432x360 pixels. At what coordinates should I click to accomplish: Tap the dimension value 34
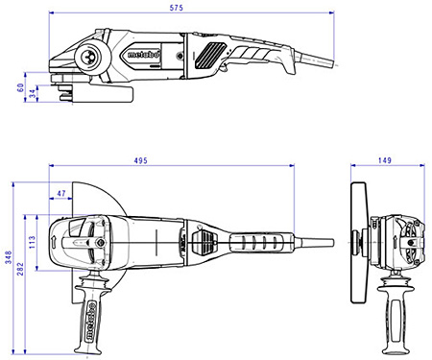tap(33, 93)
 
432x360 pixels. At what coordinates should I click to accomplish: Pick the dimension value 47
tap(63, 194)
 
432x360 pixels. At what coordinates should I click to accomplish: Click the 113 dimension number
tap(33, 240)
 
